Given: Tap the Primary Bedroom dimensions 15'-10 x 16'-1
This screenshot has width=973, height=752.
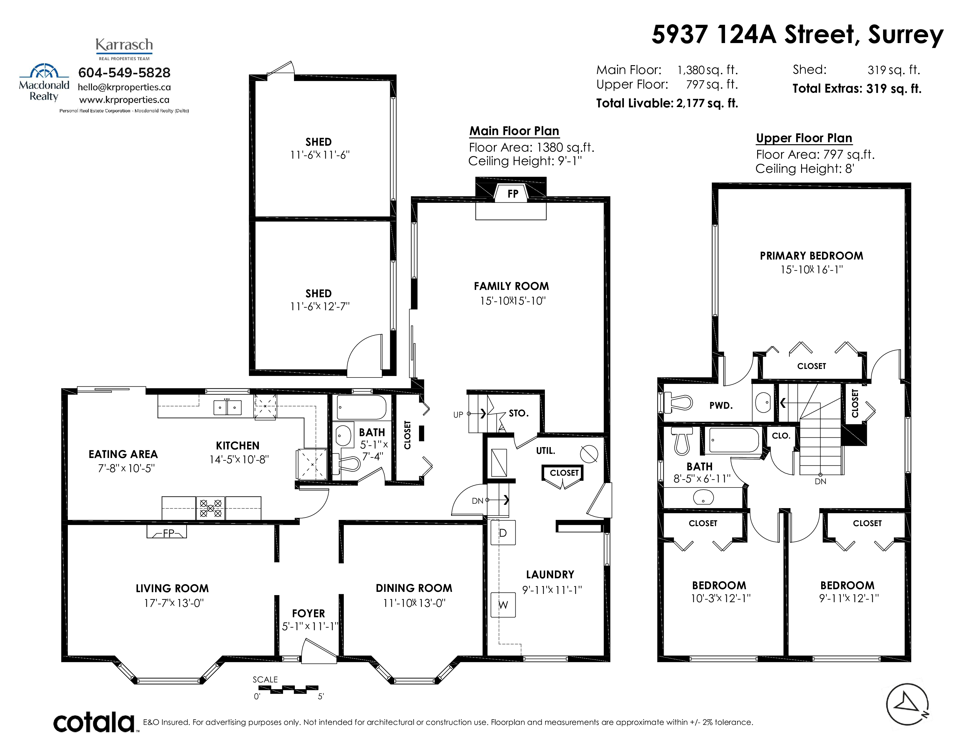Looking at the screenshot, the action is click(x=811, y=270).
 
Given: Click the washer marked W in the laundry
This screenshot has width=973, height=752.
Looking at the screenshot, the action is click(x=503, y=605).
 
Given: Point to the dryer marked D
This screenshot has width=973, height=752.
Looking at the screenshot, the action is click(x=503, y=533).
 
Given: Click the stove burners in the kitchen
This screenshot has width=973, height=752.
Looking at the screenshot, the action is click(x=210, y=508).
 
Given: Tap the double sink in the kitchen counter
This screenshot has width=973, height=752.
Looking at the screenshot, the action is click(x=227, y=408).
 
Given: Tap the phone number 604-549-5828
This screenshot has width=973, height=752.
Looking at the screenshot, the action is click(x=124, y=73).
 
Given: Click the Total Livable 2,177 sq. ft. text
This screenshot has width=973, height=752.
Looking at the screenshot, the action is click(x=667, y=103).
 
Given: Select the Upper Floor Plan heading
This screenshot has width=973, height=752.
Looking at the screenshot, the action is click(x=804, y=138).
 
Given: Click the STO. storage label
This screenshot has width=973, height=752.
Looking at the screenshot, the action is click(x=519, y=413).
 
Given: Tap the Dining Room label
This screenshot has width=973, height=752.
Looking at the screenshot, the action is click(x=414, y=588).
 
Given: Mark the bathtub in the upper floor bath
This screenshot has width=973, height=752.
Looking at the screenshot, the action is click(x=734, y=440).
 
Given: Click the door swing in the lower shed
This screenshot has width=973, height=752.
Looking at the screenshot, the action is click(x=364, y=352).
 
